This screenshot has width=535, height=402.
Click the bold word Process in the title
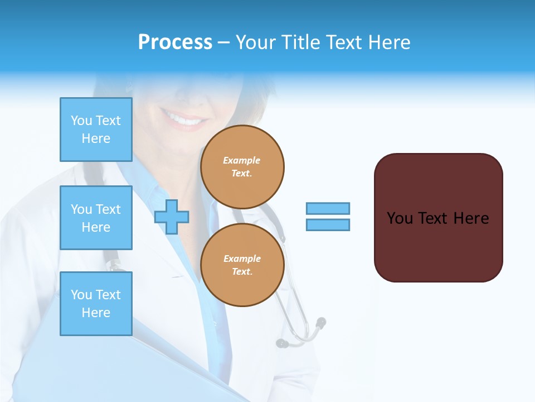[x=175, y=42]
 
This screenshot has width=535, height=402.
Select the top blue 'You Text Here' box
[x=96, y=130]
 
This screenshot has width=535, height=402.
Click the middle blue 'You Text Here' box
[x=96, y=218]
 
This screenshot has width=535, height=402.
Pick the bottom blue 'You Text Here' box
[x=96, y=304]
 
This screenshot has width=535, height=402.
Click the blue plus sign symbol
[x=172, y=217]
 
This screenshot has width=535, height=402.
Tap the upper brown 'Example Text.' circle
[x=242, y=167]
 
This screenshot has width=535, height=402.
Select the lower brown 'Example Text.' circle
[x=242, y=265]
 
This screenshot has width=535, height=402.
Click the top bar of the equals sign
[x=328, y=209]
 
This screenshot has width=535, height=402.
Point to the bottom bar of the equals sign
[x=328, y=224]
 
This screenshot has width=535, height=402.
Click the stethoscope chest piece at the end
[x=320, y=322]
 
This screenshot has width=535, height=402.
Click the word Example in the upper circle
[x=242, y=160]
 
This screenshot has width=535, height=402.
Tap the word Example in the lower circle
[x=242, y=259]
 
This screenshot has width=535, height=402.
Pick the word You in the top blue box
[x=81, y=121]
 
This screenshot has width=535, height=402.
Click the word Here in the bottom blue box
[x=96, y=313]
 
